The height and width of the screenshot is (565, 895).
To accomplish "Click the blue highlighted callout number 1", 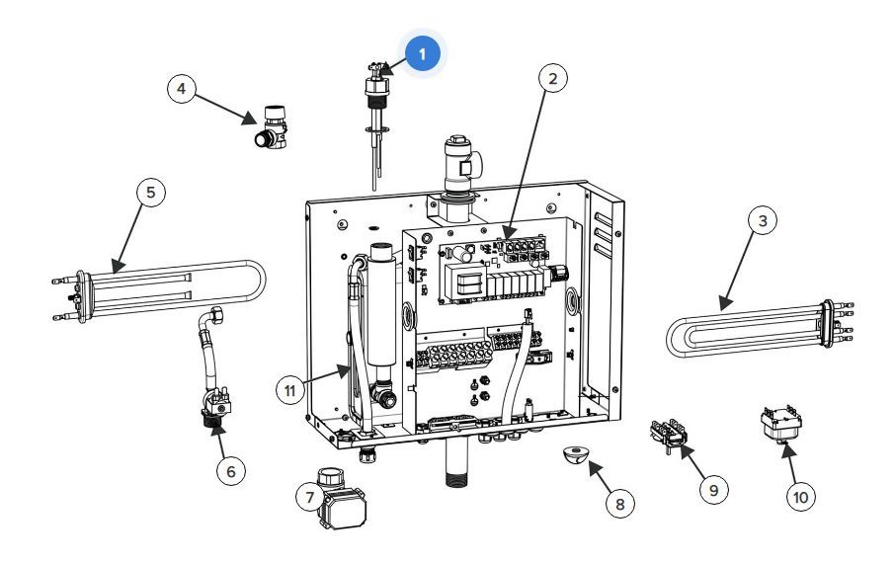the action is click(x=423, y=53).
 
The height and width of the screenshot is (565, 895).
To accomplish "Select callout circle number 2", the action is click(x=552, y=78).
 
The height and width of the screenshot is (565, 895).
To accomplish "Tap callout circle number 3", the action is click(x=763, y=220).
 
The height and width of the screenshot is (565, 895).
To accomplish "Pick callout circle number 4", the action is click(x=182, y=89).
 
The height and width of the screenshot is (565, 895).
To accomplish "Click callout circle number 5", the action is click(x=151, y=192).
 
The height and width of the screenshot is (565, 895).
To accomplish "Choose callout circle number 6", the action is click(x=231, y=471).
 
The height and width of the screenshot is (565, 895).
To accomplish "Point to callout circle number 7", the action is click(x=310, y=497).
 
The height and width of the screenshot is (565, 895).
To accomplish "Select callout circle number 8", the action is click(x=619, y=504).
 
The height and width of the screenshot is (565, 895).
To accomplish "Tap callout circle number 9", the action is click(x=713, y=489).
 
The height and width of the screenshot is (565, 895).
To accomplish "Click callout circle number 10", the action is click(x=801, y=497).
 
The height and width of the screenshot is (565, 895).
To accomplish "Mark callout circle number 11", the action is click(x=290, y=391).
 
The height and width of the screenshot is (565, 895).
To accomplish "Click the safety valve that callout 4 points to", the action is click(x=271, y=126).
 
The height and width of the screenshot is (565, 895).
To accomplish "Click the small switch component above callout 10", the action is click(x=780, y=423).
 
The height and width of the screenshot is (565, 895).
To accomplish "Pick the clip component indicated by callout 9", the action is click(x=669, y=435).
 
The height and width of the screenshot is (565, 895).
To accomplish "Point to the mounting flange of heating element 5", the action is click(x=82, y=296).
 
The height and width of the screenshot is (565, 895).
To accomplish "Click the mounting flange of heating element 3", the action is click(x=827, y=323).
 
